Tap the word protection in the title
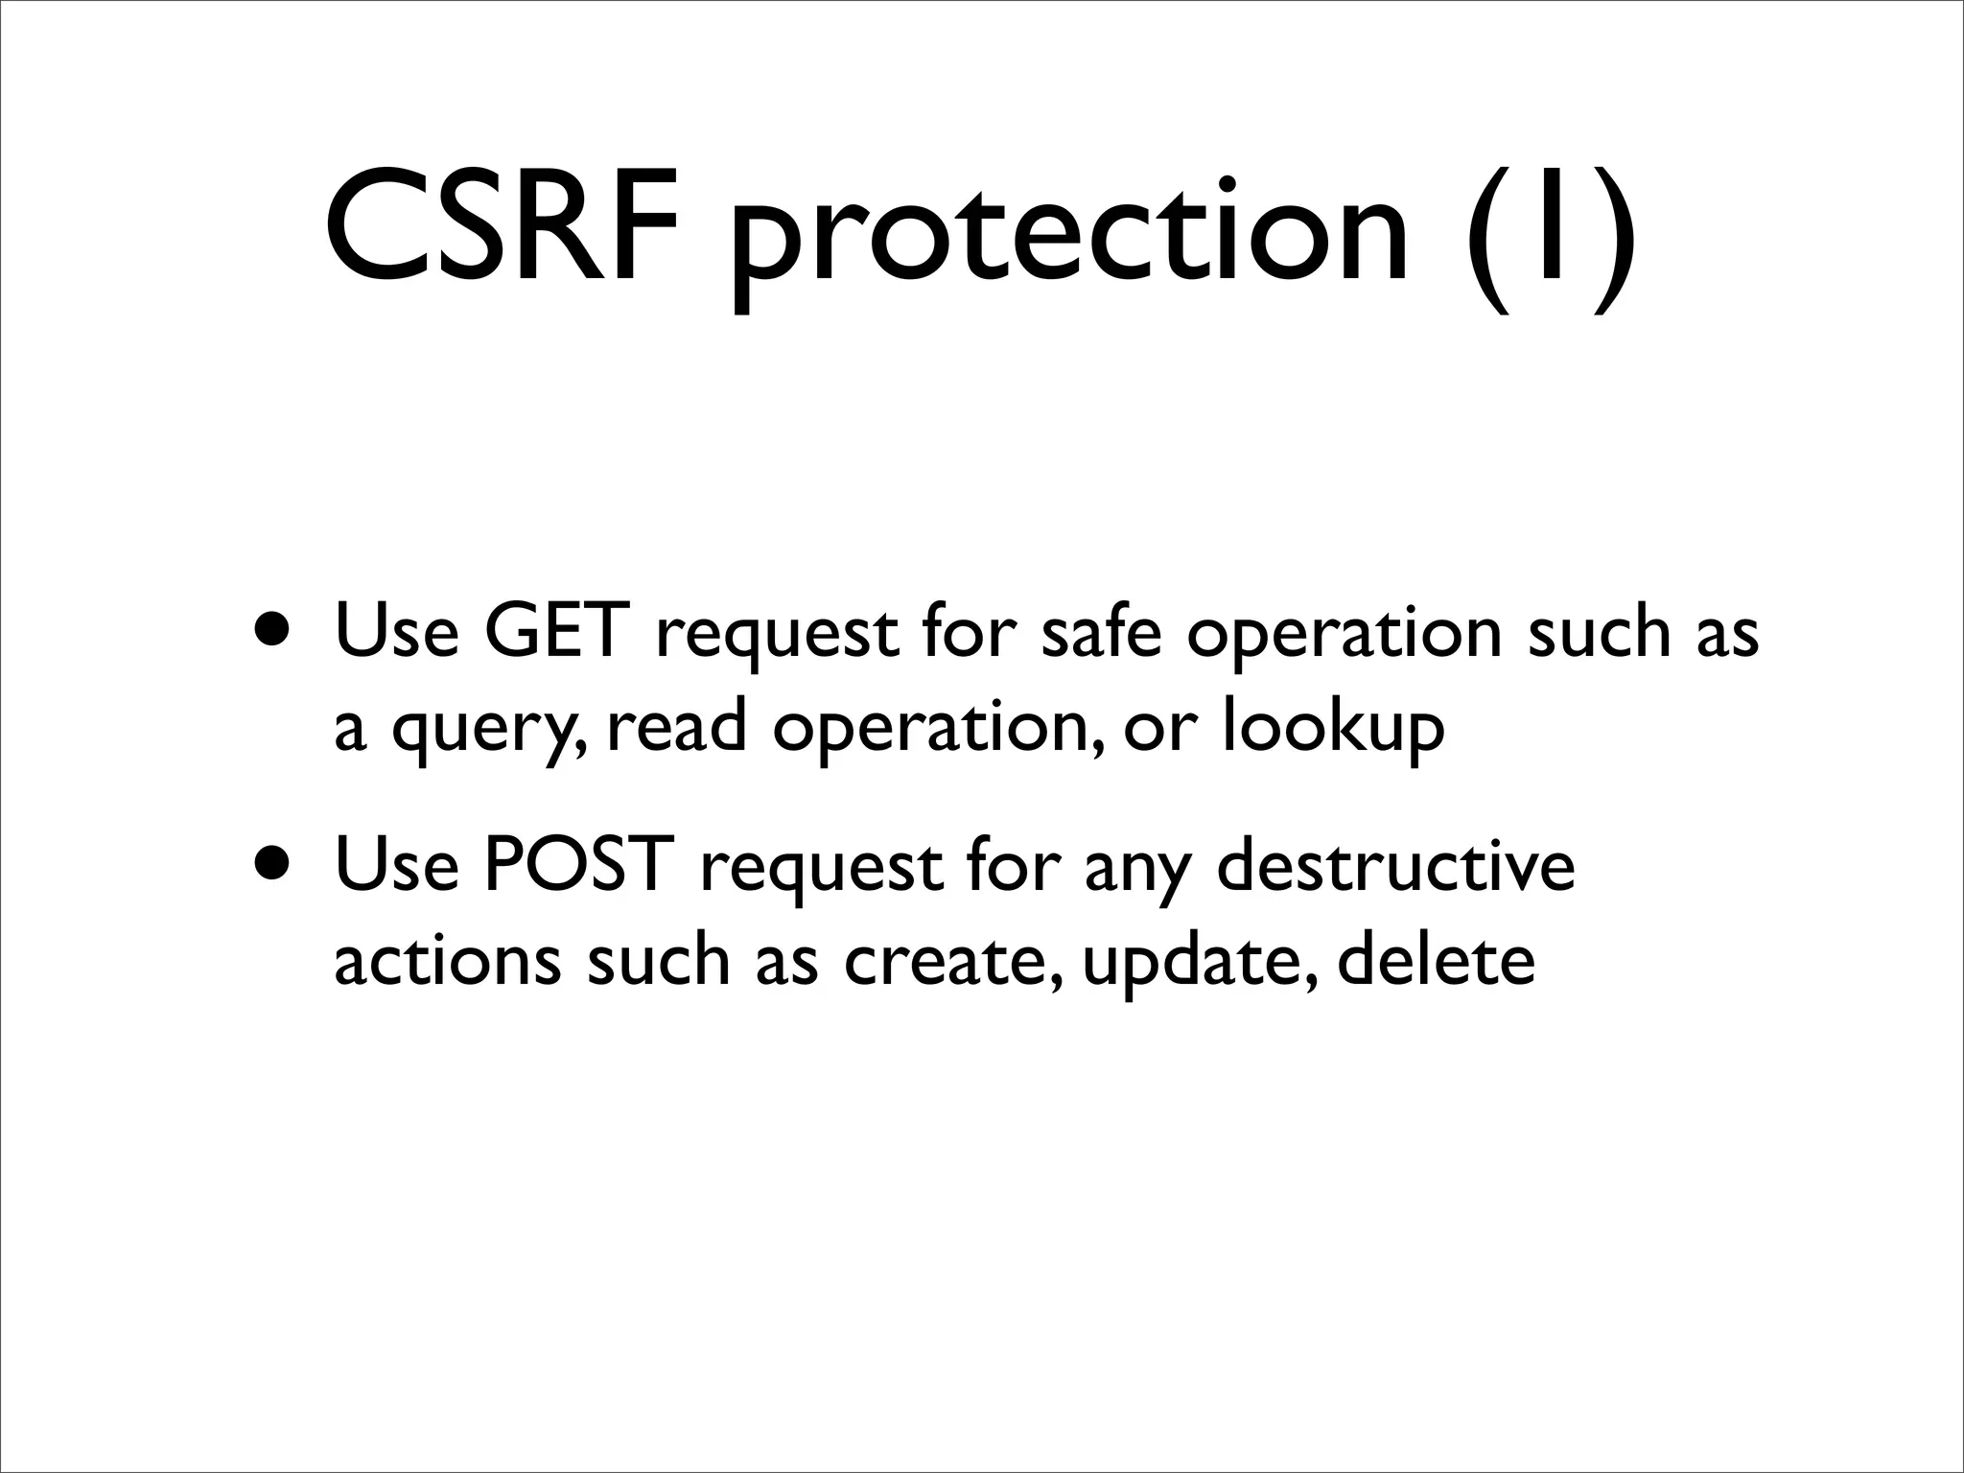[x=1069, y=235]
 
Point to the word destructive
[x=1395, y=865]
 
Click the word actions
[x=447, y=961]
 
